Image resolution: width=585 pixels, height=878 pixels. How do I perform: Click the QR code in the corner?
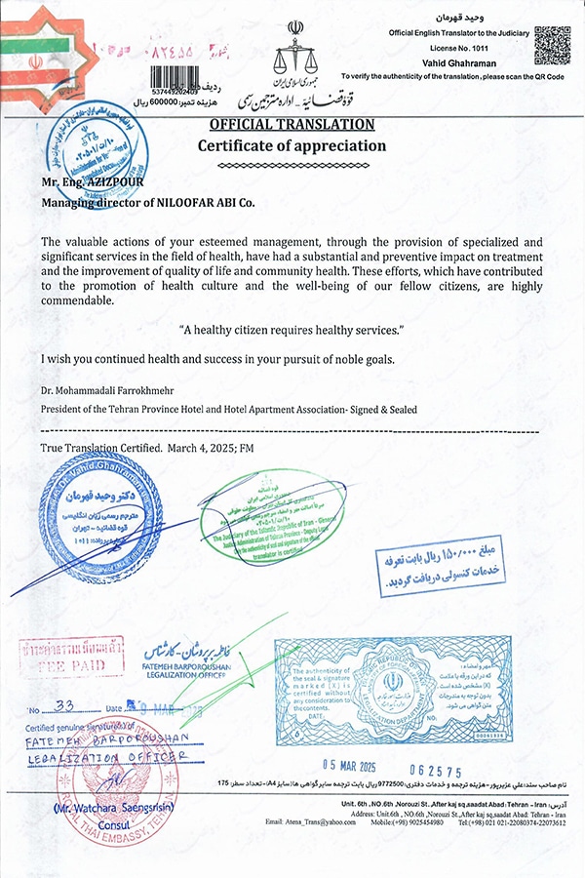pos(552,45)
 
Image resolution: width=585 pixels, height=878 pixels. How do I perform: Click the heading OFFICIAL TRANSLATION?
pos(292,125)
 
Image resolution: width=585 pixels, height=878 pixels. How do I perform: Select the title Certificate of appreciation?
pos(292,146)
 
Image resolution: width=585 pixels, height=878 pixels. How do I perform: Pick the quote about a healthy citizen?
pos(292,331)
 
